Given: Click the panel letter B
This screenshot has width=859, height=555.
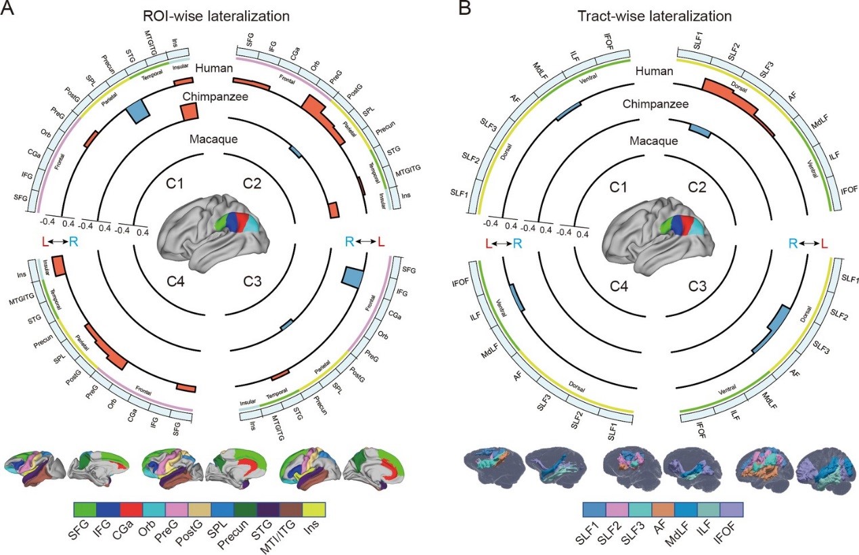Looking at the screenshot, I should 447,10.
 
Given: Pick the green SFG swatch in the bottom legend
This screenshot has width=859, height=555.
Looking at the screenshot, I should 84,509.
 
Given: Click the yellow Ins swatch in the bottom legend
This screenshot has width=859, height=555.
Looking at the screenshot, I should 314,509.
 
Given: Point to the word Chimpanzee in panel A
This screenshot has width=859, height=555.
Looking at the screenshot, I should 214,97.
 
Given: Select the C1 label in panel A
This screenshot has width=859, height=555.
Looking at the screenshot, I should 178,183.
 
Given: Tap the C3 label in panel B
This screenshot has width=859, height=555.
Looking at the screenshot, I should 695,286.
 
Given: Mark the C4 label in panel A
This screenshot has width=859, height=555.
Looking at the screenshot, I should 178,286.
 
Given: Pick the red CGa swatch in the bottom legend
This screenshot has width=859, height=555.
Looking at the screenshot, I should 130,509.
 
